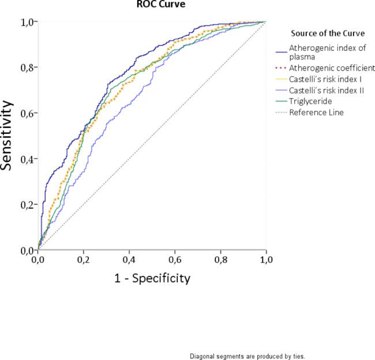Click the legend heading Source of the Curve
coord(324,33)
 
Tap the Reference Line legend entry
coord(316,112)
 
